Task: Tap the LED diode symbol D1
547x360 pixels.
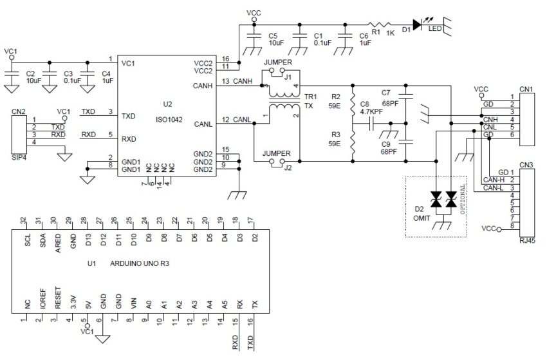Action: point(417,24)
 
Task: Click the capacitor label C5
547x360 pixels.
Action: point(273,36)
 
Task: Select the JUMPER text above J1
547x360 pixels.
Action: point(278,63)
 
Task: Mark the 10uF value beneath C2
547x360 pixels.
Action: point(34,82)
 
